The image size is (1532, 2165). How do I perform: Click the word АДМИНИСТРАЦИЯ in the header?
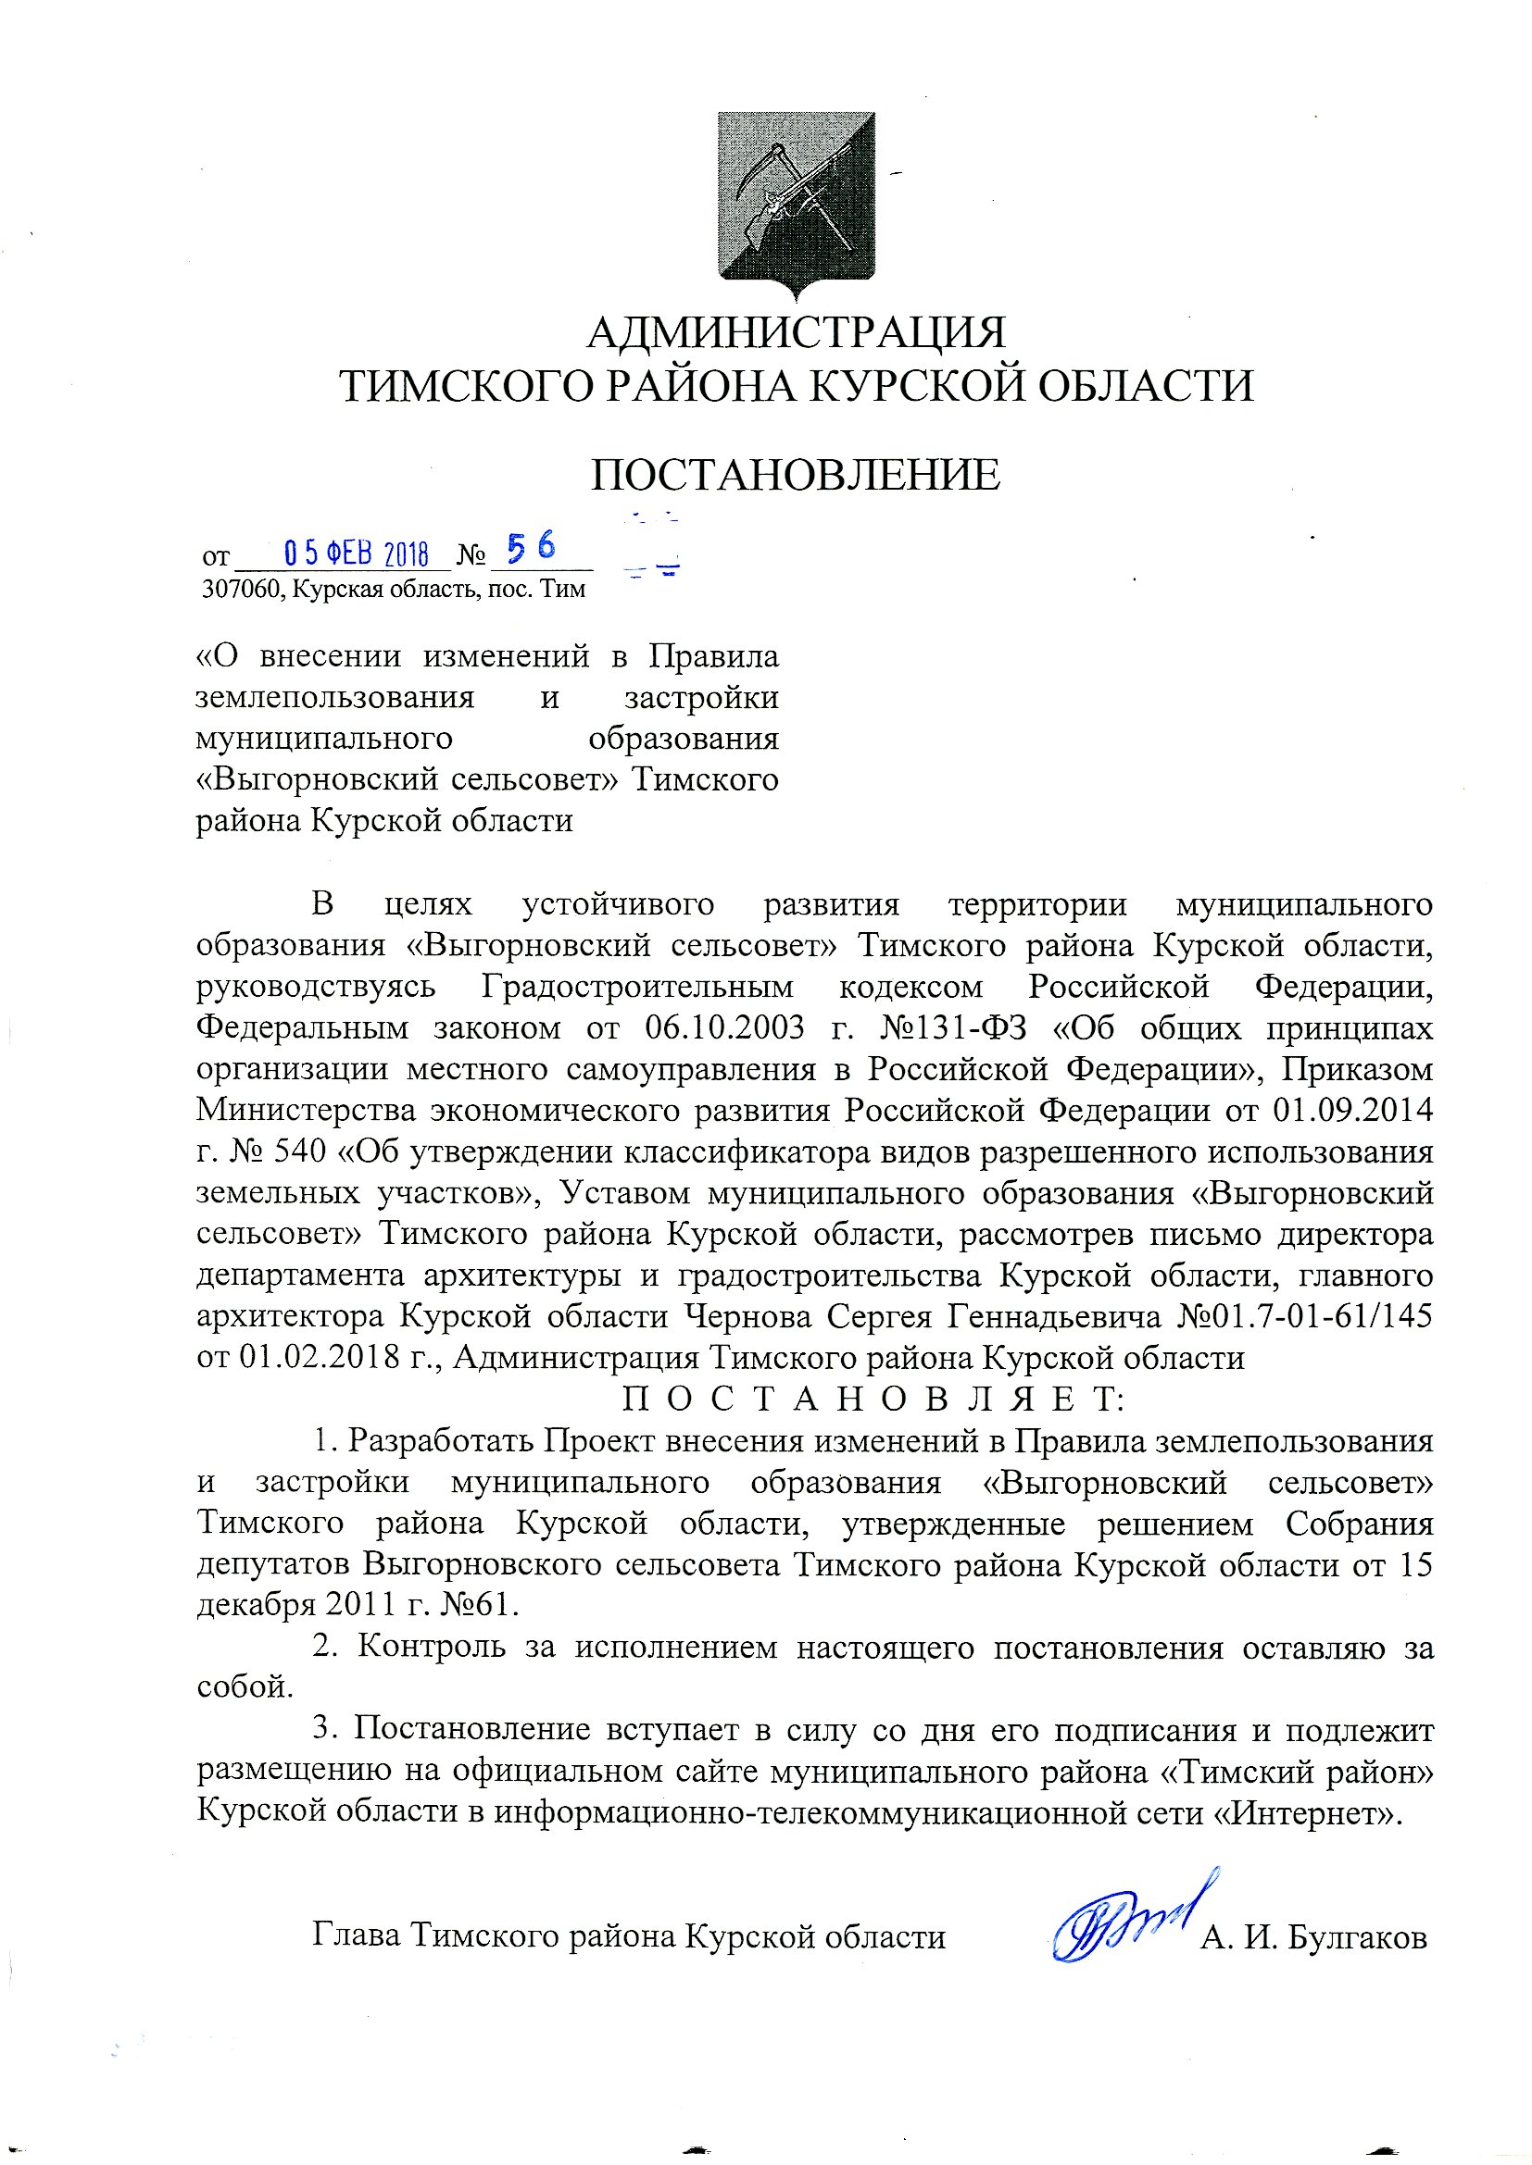[797, 333]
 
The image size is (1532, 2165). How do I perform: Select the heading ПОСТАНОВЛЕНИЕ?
[796, 475]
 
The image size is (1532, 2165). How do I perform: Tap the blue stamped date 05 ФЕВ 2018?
[357, 553]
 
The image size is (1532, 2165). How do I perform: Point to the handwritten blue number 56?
[532, 547]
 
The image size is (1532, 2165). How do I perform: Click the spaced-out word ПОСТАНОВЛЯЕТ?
[873, 1400]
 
